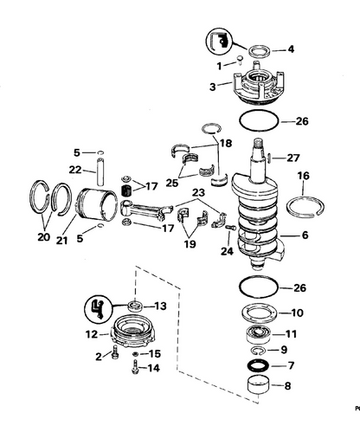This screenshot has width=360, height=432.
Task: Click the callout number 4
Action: coord(291,49)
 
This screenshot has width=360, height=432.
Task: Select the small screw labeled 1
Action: coord(240,60)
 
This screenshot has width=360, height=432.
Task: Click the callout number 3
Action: coord(213,87)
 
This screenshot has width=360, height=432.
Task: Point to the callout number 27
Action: coord(293,158)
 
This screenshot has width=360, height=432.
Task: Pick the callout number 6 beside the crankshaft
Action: coord(305,235)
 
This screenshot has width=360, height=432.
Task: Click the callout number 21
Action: coord(61,240)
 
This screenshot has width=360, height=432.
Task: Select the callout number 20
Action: coord(44,237)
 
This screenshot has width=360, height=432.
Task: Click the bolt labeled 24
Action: coord(231,228)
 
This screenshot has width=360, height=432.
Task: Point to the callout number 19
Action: coord(190,244)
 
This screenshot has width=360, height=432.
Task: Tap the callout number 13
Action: coord(160,306)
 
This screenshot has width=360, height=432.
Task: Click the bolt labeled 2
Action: coord(115,351)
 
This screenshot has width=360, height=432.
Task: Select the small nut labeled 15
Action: coord(135,354)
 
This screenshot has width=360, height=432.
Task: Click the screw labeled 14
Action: coord(134,367)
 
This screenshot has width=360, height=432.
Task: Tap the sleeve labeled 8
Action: coord(259,385)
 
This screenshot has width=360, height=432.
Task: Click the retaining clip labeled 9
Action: coord(259,351)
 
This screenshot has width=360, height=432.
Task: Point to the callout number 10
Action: coord(298,313)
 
